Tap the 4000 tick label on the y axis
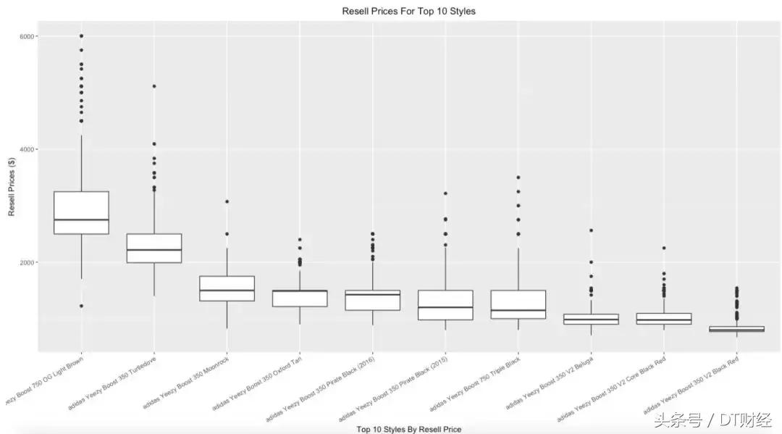coord(28,149)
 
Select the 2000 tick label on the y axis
coord(28,262)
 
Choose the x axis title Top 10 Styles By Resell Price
coord(408,429)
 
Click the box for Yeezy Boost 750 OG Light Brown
coord(81,212)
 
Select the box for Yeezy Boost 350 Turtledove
coord(154,248)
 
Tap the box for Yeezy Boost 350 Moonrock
coord(227,288)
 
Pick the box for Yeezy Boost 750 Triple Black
coord(518,304)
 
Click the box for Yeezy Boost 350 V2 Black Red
coord(737,329)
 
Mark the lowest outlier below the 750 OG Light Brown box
coord(81,306)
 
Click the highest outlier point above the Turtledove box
coord(154,86)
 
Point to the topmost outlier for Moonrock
coord(227,201)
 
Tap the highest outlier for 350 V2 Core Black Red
coord(664,248)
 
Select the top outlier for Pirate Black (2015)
coord(445,193)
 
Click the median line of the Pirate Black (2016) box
coord(372,295)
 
